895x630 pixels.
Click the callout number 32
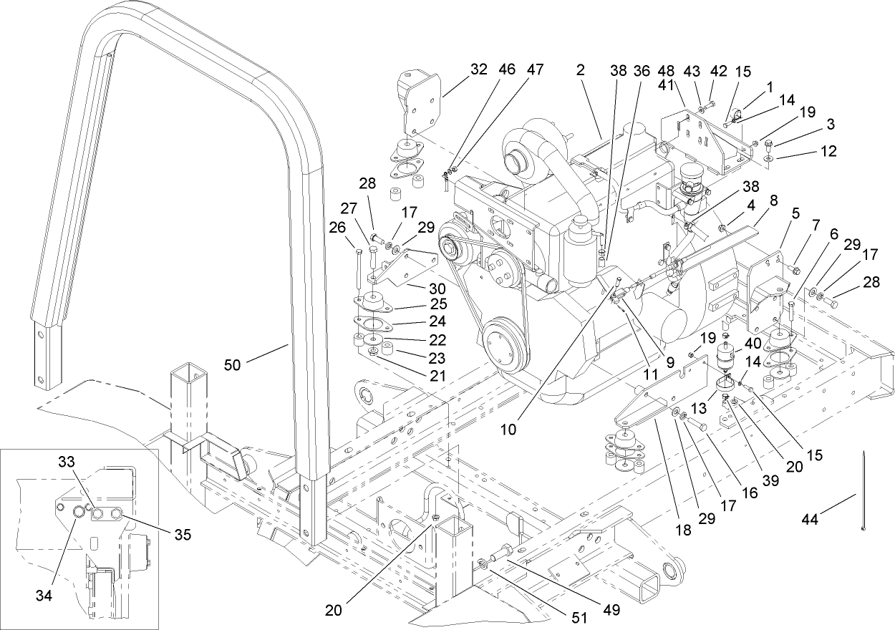pyautogui.click(x=478, y=70)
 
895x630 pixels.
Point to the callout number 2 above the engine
pyautogui.click(x=580, y=70)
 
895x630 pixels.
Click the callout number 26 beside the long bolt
pyautogui.click(x=337, y=228)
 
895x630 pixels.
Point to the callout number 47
pyautogui.click(x=535, y=70)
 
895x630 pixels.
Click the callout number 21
pyautogui.click(x=437, y=374)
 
